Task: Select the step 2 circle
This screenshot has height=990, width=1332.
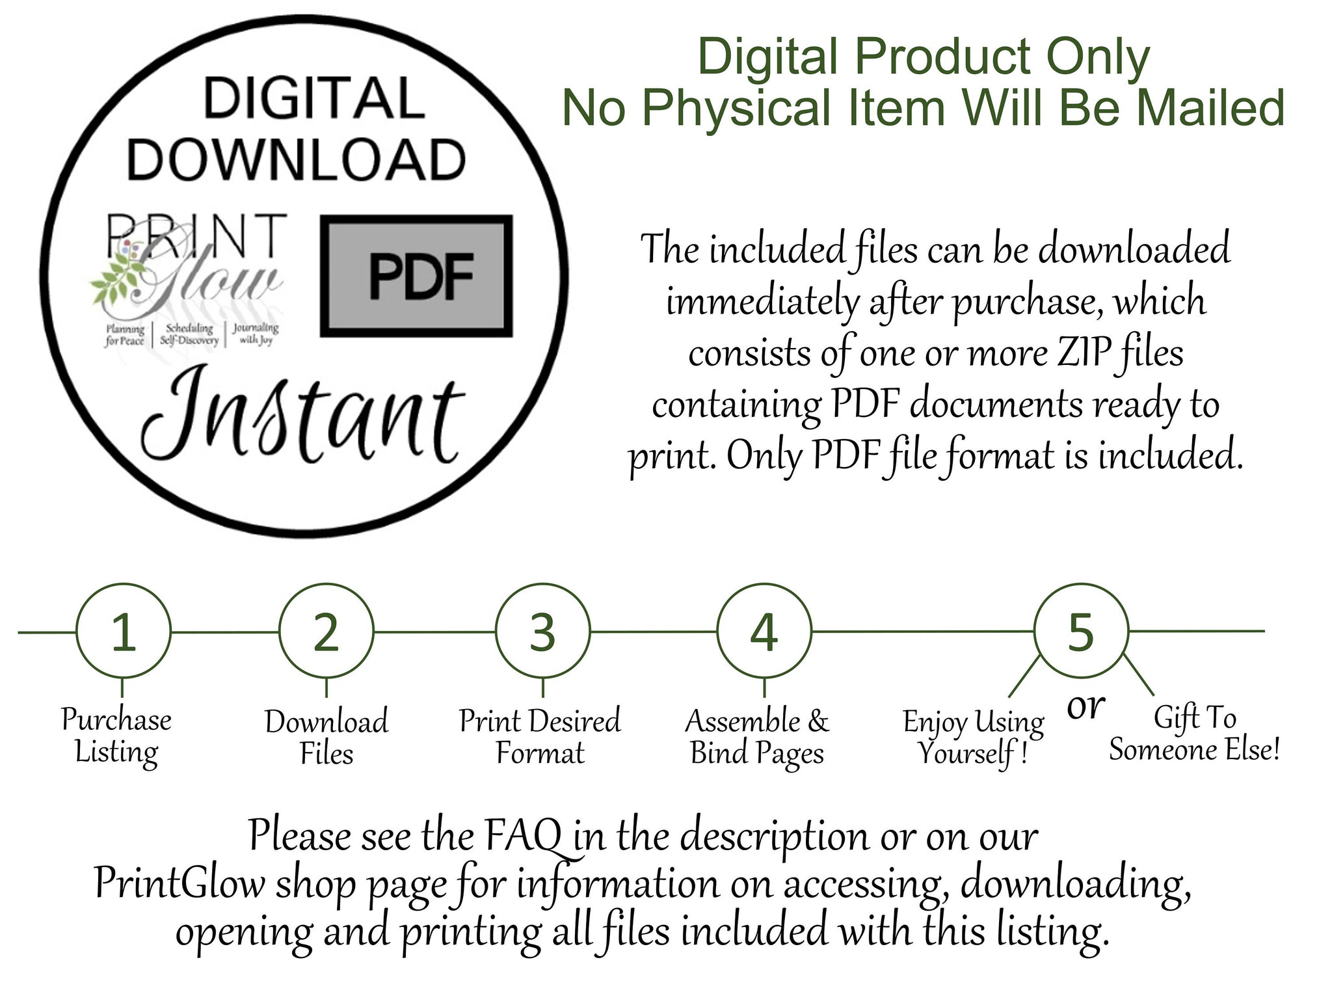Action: pos(326,585)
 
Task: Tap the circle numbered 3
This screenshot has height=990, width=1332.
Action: pos(543,585)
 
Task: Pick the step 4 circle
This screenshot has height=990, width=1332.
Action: pos(764,585)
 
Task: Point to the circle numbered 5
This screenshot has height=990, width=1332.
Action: pos(1081,585)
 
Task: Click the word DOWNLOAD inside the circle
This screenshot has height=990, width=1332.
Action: pos(296,159)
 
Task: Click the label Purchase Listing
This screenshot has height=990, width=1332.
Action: pos(116,736)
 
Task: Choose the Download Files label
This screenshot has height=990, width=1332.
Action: pos(326,738)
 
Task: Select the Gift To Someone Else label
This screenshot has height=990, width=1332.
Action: pos(1195,734)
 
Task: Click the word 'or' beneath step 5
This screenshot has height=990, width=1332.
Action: pos(1086,706)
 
